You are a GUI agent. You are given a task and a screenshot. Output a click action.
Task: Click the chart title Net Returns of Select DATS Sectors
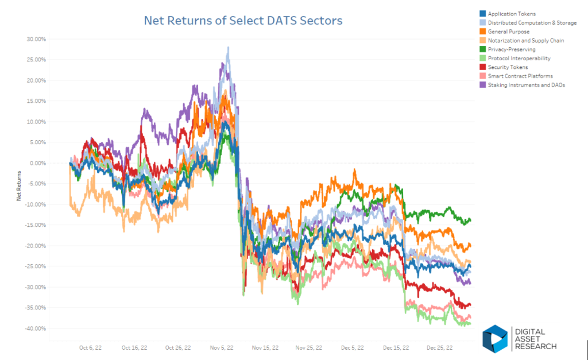click(x=243, y=20)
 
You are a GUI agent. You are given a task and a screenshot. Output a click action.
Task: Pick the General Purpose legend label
click(x=509, y=32)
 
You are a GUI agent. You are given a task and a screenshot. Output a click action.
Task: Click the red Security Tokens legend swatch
click(x=482, y=67)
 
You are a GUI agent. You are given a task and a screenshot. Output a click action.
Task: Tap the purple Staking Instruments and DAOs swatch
click(x=482, y=85)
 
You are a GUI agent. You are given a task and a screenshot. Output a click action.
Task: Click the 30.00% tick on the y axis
click(x=36, y=39)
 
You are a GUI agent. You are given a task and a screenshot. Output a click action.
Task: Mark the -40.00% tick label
click(x=35, y=328)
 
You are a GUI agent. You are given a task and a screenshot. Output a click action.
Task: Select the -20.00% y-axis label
click(x=35, y=246)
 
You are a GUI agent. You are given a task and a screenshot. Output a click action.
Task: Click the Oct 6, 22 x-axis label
click(x=90, y=347)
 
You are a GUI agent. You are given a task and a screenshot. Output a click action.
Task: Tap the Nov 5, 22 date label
click(x=222, y=347)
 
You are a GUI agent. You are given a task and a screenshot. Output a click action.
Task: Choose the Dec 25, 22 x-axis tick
click(x=439, y=347)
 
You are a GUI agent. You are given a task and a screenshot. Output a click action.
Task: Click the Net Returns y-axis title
click(x=19, y=185)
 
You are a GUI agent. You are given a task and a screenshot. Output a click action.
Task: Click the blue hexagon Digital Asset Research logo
click(x=494, y=339)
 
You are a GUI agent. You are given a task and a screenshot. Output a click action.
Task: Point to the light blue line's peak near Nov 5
click(x=229, y=47)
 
